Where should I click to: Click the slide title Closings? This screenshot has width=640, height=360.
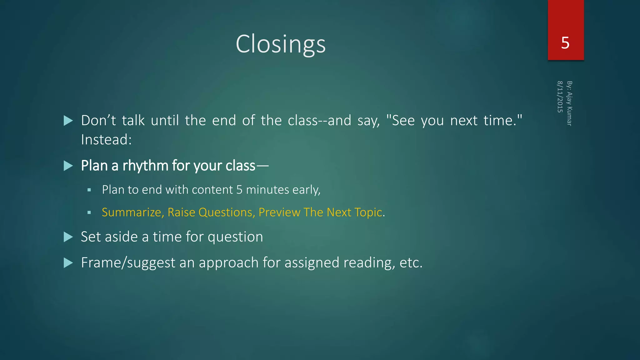280,44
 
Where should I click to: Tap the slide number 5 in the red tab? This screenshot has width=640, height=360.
565,43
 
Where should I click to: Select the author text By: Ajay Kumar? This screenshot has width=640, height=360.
569,103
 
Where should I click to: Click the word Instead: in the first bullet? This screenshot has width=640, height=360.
106,140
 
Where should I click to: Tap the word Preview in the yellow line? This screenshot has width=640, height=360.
279,212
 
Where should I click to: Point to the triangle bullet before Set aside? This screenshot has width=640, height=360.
68,237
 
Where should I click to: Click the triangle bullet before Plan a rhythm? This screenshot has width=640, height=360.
68,166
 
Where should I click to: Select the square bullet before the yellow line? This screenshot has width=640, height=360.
89,212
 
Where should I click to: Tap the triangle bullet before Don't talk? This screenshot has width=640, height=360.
68,121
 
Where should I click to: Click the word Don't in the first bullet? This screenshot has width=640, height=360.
98,121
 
